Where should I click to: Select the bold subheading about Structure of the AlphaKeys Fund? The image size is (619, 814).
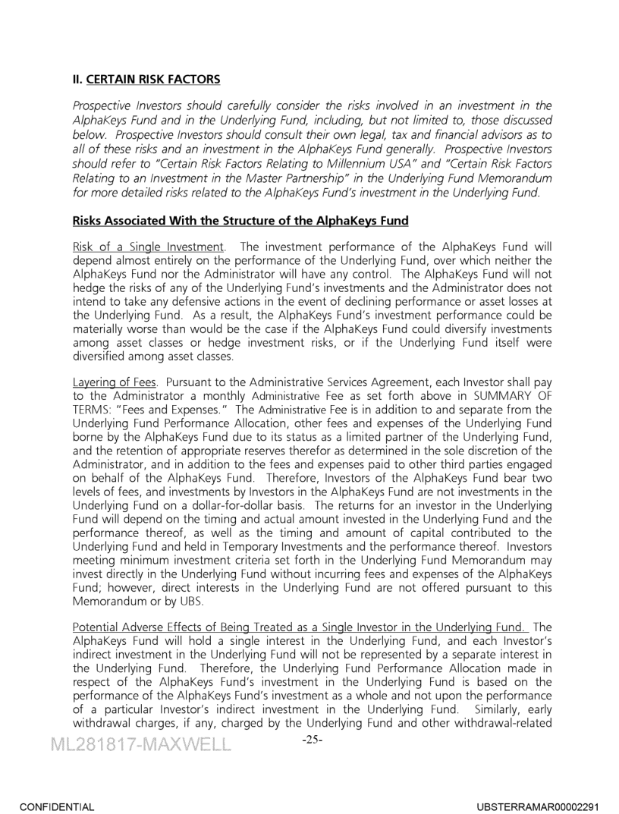coord(240,221)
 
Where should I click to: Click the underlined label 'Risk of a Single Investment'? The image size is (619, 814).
coord(148,247)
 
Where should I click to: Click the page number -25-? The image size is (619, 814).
coord(312,740)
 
